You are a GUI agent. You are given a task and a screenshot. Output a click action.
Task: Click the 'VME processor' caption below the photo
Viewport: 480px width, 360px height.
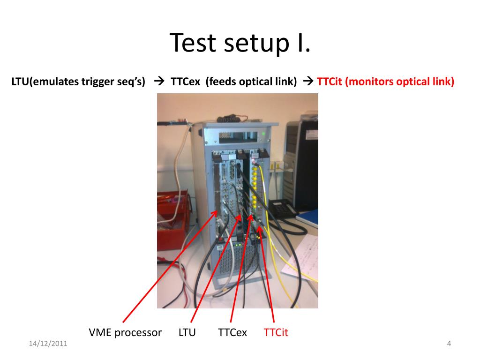125,333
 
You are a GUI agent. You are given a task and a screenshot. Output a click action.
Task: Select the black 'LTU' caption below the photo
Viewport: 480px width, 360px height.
187,333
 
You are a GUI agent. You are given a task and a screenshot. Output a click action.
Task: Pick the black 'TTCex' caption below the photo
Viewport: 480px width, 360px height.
232,333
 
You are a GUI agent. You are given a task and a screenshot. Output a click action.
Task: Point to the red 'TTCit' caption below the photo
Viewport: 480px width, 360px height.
276,333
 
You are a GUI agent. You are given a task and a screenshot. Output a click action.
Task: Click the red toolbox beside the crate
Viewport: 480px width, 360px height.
172,220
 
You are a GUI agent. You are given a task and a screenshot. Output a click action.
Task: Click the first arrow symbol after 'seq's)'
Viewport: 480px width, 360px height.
158,82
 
